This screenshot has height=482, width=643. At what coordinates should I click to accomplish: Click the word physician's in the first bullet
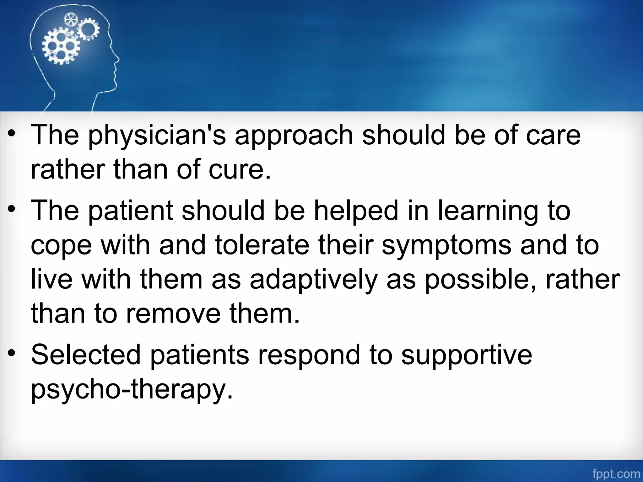[x=157, y=136]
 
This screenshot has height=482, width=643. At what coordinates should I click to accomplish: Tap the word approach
[x=294, y=136]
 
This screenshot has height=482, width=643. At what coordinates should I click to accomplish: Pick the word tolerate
[x=262, y=245]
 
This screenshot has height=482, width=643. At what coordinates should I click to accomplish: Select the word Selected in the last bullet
[x=86, y=355]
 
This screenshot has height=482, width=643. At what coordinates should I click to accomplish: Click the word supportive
[x=467, y=355]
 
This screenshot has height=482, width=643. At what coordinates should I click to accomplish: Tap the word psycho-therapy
[x=132, y=389]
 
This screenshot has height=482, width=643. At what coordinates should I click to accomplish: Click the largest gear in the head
[x=61, y=46]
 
